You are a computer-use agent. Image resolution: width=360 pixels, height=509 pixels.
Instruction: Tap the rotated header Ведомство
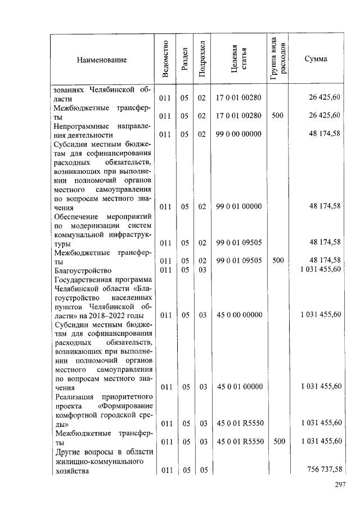coord(165,60)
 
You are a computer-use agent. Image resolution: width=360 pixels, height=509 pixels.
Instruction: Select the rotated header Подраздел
coord(202,60)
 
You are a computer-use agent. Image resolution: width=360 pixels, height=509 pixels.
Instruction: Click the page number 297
coord(339,485)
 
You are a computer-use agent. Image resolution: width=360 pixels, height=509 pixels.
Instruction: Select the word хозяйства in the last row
coord(71,471)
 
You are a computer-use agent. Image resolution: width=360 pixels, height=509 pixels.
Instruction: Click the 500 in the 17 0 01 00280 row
coord(277,116)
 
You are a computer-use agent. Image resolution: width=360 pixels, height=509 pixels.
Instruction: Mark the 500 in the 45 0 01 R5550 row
coord(277,442)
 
